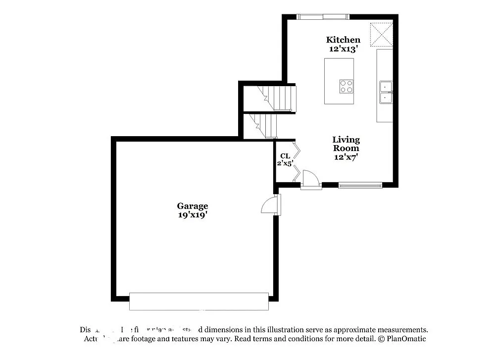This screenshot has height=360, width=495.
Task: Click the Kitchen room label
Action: click(343, 40)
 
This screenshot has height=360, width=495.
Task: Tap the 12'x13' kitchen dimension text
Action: click(343, 49)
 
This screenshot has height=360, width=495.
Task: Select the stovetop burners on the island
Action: click(346, 86)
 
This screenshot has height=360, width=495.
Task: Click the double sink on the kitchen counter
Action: click(385, 93)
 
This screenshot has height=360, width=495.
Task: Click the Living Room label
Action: click(346, 144)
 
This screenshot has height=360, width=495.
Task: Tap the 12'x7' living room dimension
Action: click(346, 157)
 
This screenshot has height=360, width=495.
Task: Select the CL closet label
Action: click(285, 156)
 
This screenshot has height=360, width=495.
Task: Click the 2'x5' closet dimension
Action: click(285, 163)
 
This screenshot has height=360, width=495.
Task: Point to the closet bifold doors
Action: click(296, 161)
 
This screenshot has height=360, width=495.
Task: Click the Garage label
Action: click(193, 206)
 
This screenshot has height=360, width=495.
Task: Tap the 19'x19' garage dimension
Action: click(193, 215)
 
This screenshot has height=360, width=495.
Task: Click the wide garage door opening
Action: click(198, 301)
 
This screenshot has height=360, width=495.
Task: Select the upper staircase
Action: click(277, 98)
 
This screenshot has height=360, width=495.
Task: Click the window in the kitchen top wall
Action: click(323, 17)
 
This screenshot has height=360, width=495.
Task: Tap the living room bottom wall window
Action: click(360, 186)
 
